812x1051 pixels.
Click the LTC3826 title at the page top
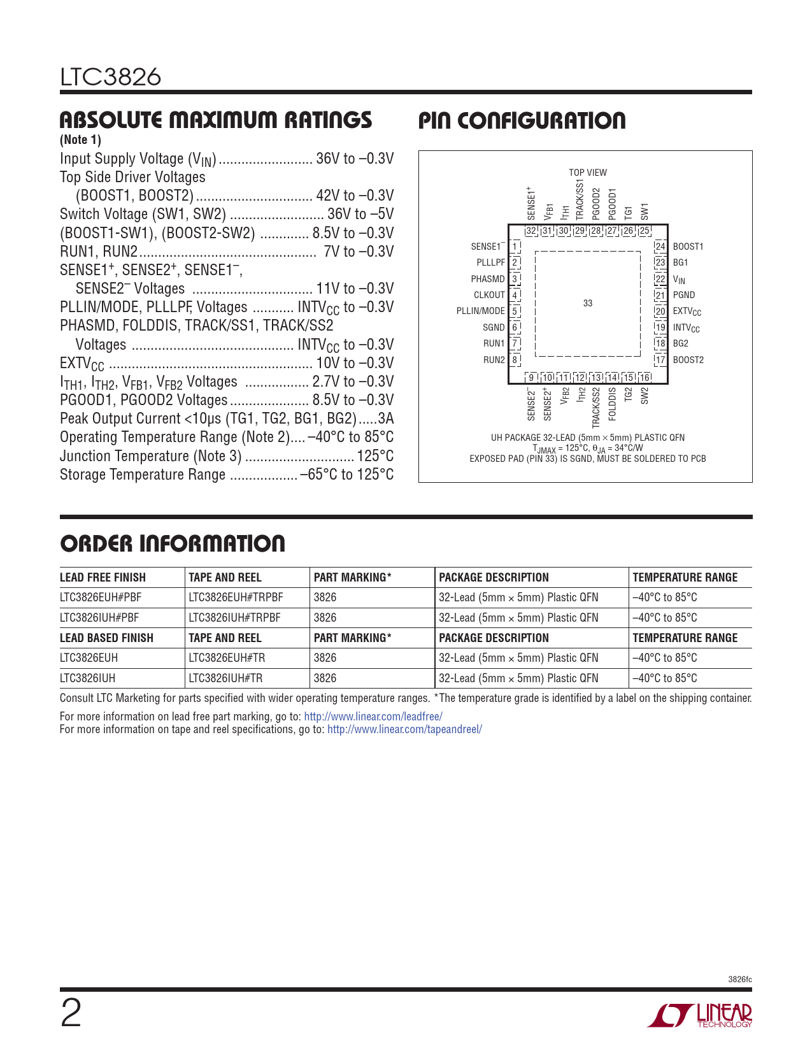point(111,77)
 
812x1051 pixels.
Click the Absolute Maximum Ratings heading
point(216,120)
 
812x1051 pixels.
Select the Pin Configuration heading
point(522,121)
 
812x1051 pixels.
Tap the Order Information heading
point(173,543)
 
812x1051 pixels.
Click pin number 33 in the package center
point(588,303)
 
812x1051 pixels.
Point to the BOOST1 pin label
point(688,247)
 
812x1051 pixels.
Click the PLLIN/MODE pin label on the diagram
point(480,311)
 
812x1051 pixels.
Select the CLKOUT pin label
point(489,295)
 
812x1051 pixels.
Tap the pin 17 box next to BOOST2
point(660,360)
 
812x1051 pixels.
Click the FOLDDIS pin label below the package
point(613,403)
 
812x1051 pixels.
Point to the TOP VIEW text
point(588,173)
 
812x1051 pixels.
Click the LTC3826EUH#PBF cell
point(101,597)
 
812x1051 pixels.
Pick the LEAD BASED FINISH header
point(106,638)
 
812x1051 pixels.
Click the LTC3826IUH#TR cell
point(225,678)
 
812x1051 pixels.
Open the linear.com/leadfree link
point(373,717)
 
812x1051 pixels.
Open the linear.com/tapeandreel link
point(404,729)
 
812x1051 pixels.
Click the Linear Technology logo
point(700,1015)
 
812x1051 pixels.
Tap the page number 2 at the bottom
point(71,1014)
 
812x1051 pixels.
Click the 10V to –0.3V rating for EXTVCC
point(355,363)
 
